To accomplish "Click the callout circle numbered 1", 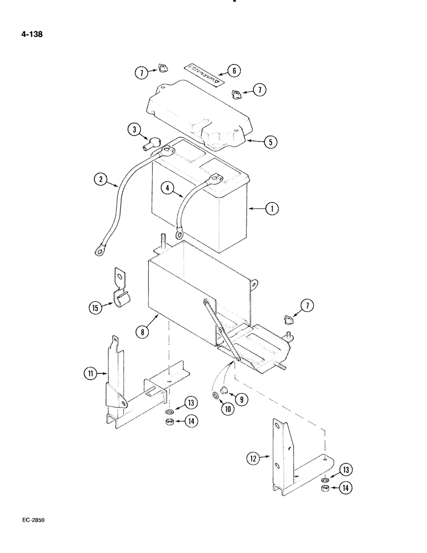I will pyautogui.click(x=271, y=209).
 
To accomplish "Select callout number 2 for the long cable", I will pyautogui.click(x=100, y=180).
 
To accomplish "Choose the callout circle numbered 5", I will pyautogui.click(x=270, y=142).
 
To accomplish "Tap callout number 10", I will pyautogui.click(x=227, y=409).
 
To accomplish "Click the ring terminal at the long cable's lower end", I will pyautogui.click(x=100, y=252).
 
